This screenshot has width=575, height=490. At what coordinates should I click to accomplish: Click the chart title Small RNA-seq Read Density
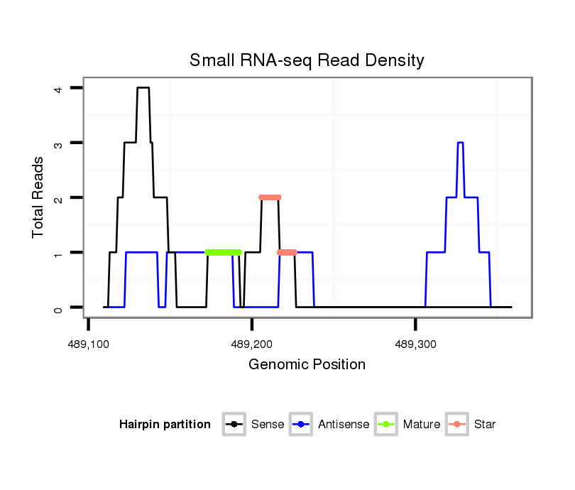307,60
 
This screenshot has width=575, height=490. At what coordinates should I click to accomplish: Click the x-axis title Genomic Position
307,365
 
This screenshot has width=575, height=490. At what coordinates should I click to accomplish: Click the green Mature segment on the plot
224,252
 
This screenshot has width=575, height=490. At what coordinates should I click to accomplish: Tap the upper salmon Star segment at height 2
270,197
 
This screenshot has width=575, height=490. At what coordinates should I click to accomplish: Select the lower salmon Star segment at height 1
287,252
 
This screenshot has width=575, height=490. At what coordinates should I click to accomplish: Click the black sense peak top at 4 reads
143,88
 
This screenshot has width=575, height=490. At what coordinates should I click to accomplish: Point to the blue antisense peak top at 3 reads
460,143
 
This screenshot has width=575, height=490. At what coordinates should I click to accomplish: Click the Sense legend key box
234,425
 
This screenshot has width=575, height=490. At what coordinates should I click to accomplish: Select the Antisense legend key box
301,425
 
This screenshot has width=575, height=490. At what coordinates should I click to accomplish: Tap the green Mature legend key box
385,425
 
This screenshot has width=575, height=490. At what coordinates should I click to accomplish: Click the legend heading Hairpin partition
165,425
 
